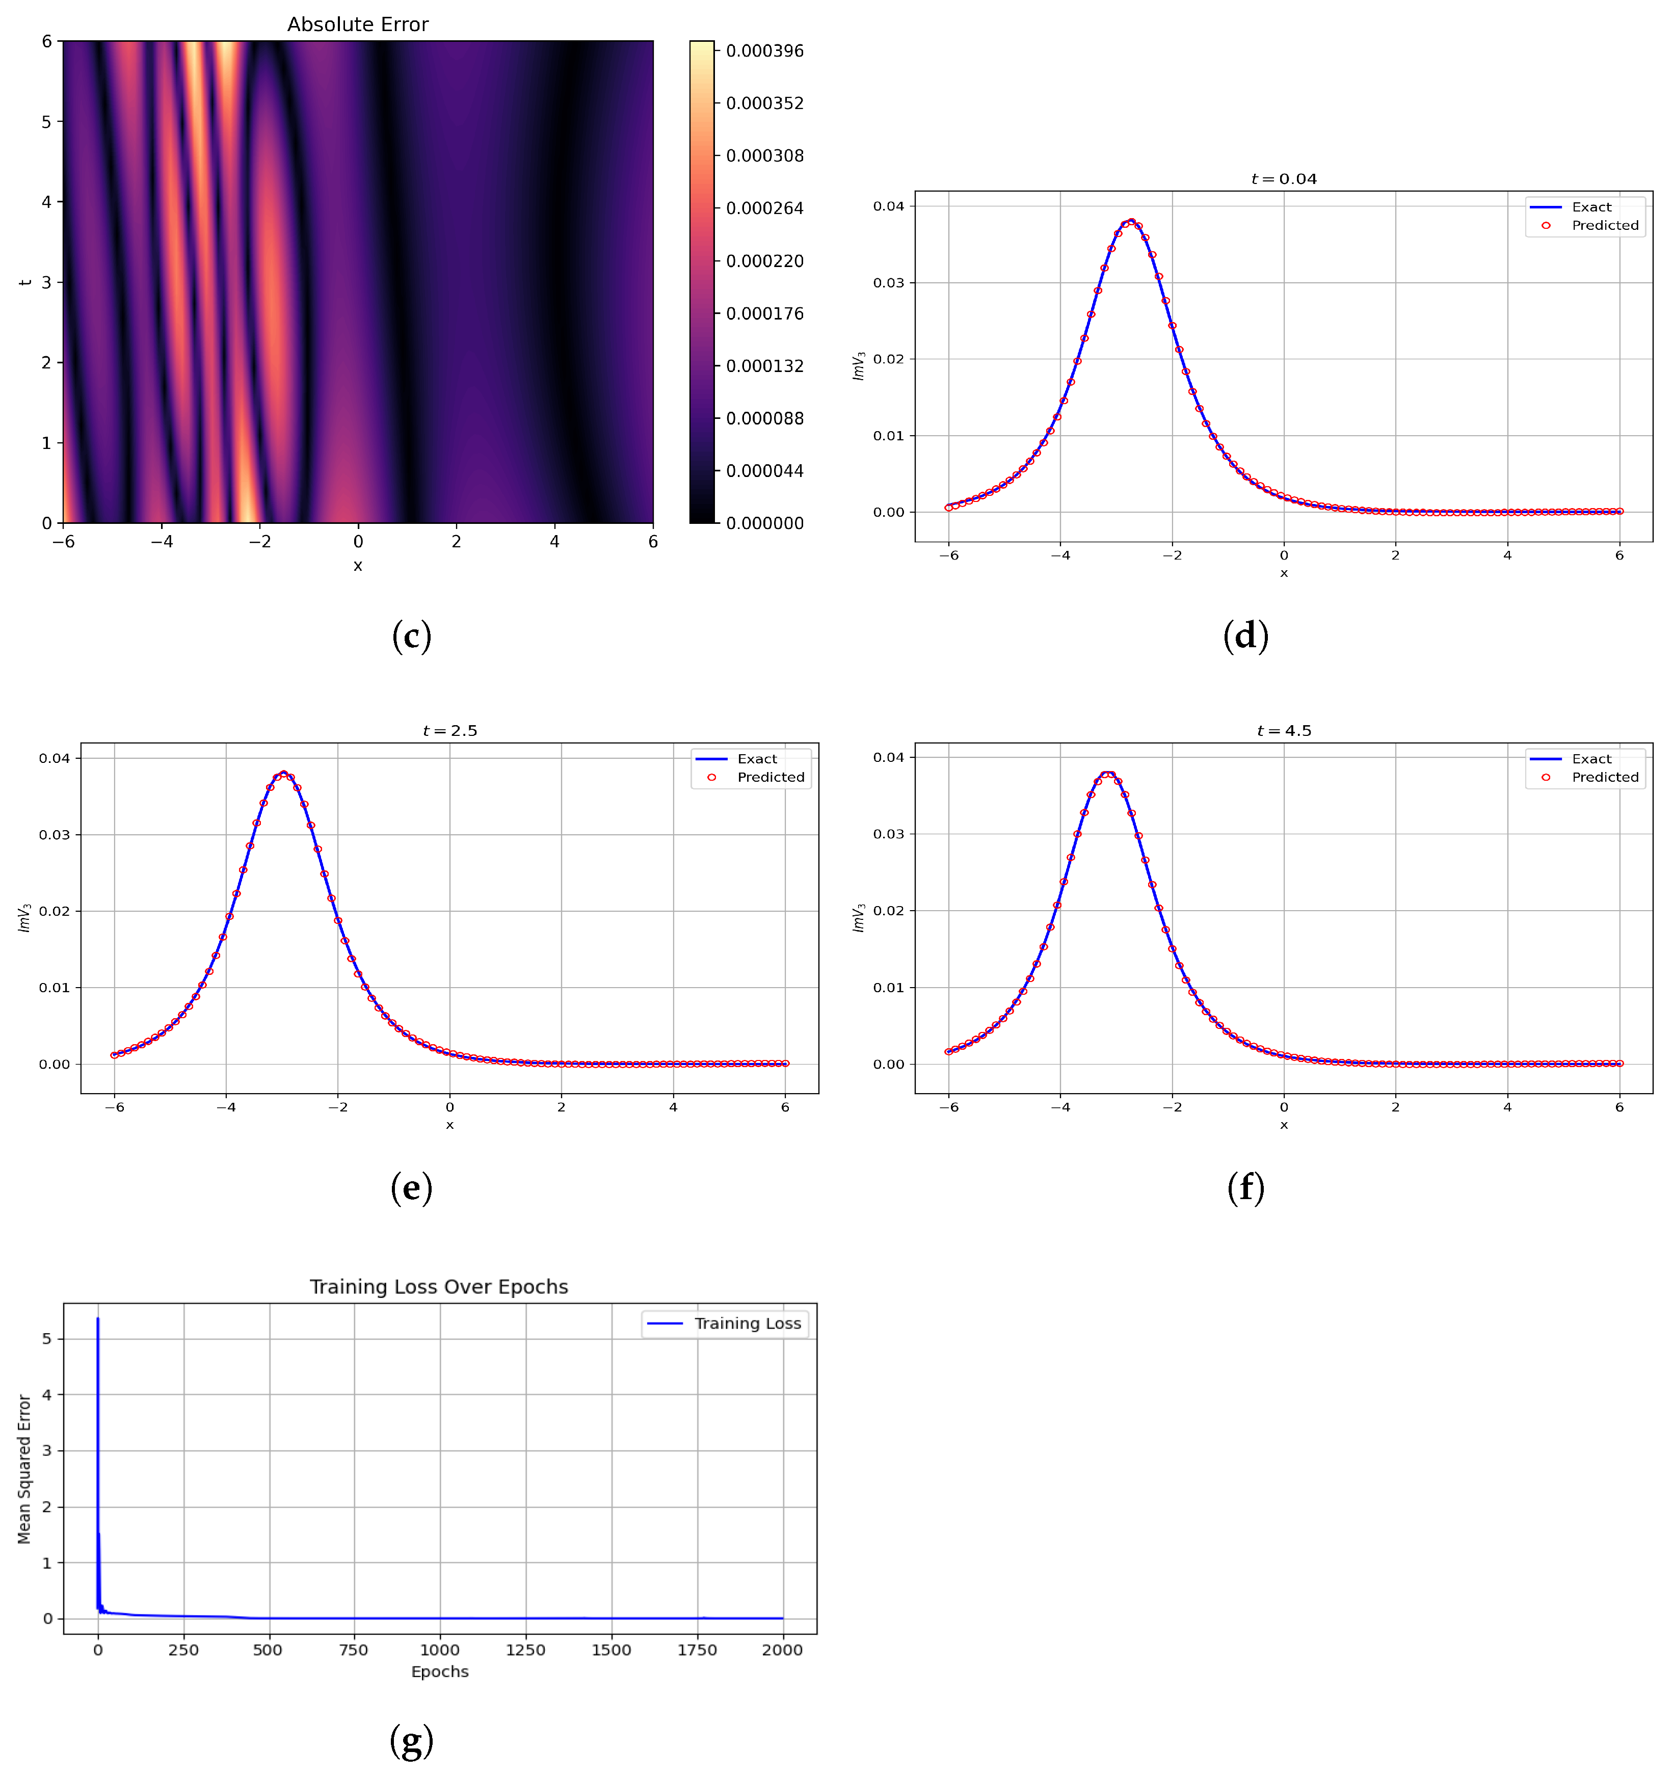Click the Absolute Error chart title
357,24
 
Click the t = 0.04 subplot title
1283,179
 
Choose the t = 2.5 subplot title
449,730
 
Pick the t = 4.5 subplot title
1283,730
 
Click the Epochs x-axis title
440,1672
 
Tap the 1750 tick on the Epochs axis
697,1650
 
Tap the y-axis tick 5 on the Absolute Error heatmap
46,122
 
